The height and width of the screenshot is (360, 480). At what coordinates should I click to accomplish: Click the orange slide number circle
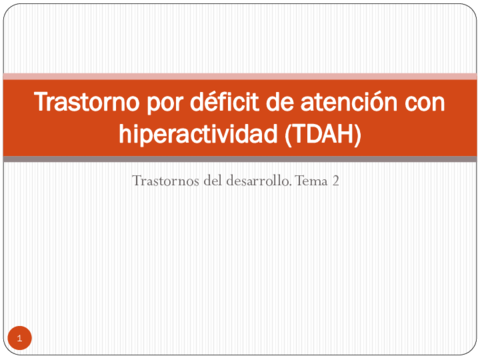coord(19,337)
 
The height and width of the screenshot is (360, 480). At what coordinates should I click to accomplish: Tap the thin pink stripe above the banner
coord(240,76)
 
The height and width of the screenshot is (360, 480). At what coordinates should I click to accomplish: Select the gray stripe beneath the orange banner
coord(240,158)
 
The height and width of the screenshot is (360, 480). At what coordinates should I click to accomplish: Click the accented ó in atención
coord(370,103)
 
